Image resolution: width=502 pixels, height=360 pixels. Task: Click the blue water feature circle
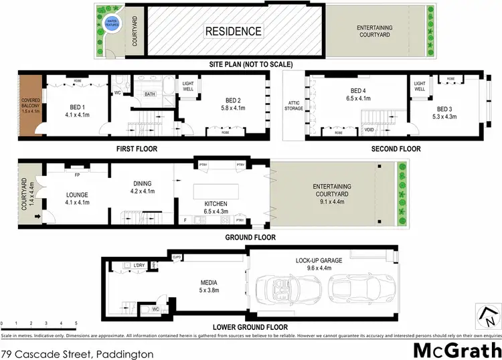[x=113, y=25]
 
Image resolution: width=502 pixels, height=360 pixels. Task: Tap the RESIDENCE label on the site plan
[x=233, y=31]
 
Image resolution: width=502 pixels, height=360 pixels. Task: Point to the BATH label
[x=150, y=94]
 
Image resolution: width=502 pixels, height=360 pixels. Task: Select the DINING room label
[x=142, y=183]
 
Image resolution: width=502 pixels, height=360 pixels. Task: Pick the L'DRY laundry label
[x=139, y=266]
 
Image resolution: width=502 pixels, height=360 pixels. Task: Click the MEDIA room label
[x=205, y=282]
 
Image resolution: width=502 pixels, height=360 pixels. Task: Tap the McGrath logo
[x=454, y=349]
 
